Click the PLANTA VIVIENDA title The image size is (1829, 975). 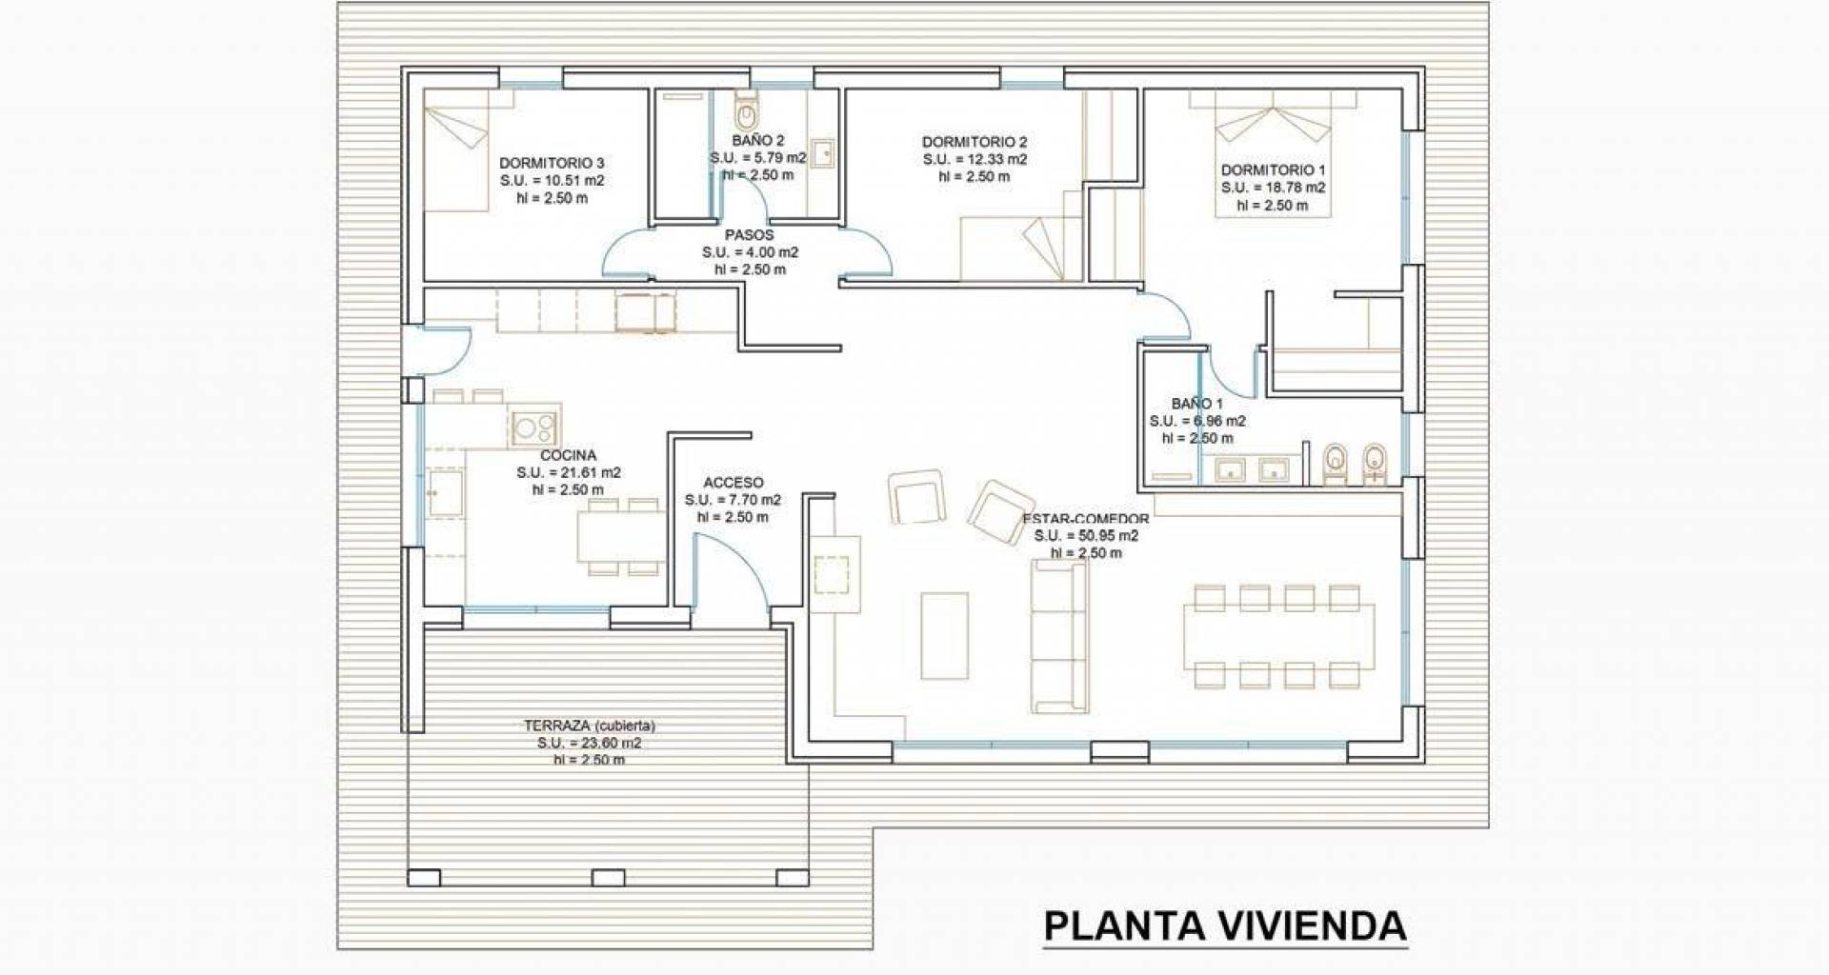1225,925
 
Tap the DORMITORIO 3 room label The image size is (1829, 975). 552,163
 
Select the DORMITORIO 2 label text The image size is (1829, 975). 975,142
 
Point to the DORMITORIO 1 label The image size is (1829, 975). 1274,170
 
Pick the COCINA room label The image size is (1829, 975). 569,455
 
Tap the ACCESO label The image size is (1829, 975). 734,483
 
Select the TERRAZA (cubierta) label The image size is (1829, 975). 590,726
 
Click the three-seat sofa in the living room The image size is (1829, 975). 1059,636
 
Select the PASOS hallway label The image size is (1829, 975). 750,234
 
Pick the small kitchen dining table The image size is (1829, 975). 621,537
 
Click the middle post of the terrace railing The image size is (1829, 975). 601,877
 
